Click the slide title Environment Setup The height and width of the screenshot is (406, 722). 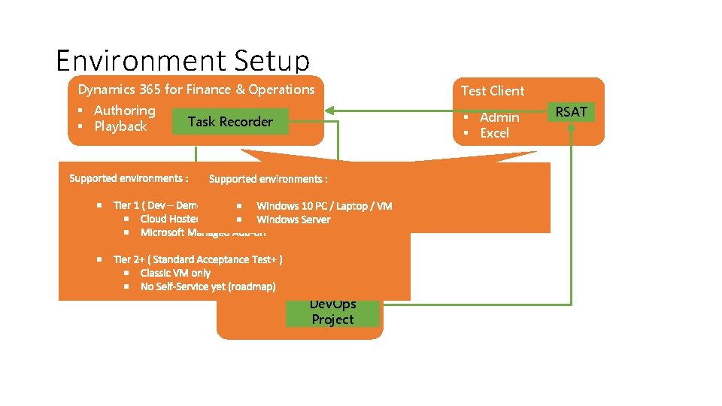click(x=182, y=60)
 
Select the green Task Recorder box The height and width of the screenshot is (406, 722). click(x=230, y=122)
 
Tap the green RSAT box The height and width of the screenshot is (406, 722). click(x=571, y=112)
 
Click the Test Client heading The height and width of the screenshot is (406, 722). click(x=493, y=91)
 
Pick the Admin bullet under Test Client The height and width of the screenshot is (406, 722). click(x=499, y=117)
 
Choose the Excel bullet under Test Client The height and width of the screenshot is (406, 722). click(x=494, y=133)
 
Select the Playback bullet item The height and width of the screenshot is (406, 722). click(x=120, y=126)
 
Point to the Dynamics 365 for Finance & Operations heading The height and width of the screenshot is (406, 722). click(x=196, y=89)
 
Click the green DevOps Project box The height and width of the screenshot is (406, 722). click(x=332, y=313)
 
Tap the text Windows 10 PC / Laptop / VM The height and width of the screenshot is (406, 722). click(x=324, y=206)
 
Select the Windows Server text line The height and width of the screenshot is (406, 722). click(x=293, y=220)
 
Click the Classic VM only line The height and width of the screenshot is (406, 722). click(x=175, y=273)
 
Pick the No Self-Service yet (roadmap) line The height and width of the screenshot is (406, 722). click(x=208, y=286)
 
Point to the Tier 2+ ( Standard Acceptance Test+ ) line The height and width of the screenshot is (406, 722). click(x=198, y=259)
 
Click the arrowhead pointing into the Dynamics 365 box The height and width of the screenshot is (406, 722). click(x=330, y=112)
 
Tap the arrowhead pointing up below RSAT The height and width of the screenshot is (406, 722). click(x=572, y=127)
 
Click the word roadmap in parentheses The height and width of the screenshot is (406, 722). click(x=252, y=286)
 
